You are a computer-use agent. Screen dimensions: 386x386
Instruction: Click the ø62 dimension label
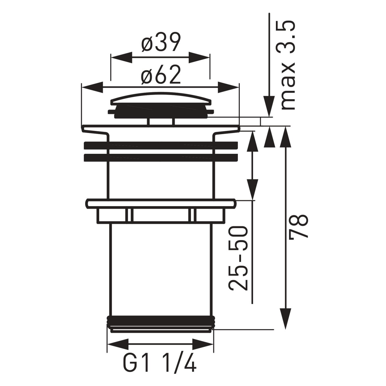[161, 75]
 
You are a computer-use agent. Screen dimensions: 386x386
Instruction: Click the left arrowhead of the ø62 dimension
[92, 87]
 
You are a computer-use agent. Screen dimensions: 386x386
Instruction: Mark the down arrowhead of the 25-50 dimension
[252, 189]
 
